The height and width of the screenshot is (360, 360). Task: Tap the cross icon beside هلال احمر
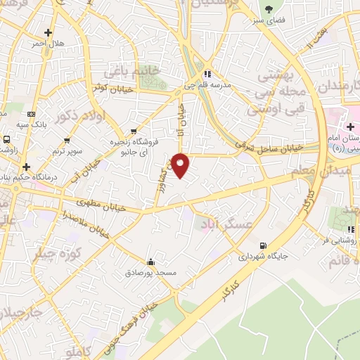click(48, 32)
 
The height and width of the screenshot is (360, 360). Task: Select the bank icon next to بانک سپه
click(31, 114)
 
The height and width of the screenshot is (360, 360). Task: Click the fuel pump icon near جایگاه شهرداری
click(263, 245)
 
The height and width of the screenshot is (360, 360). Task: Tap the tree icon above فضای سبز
click(269, 9)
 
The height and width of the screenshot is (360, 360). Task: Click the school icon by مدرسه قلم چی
click(207, 74)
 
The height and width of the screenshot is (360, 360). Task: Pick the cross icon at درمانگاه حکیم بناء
click(27, 167)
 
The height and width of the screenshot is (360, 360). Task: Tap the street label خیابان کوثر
click(108, 88)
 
